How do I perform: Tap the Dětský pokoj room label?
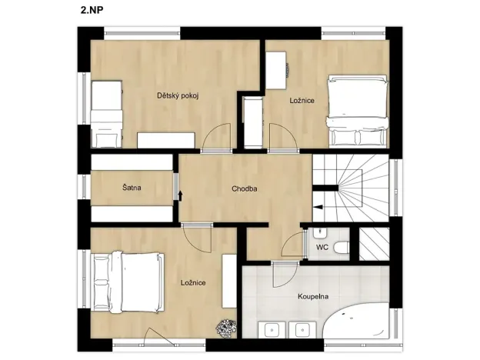tap(178, 95)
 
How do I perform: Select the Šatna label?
tap(131, 188)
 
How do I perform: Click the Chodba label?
tap(244, 188)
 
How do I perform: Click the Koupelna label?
tap(314, 295)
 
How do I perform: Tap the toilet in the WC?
tap(342, 247)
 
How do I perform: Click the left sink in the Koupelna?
tap(272, 330)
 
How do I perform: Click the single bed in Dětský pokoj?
tap(107, 115)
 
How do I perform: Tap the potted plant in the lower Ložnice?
tap(225, 328)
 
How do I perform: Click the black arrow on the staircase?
tap(318, 206)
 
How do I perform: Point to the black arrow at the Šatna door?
tap(180, 195)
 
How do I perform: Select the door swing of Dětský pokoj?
tap(216, 134)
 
